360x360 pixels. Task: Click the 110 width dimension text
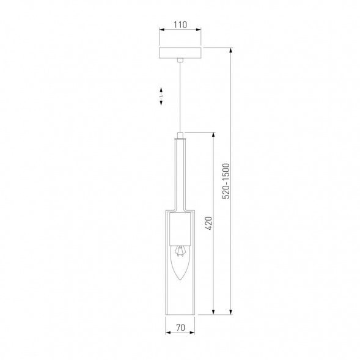click(x=179, y=26)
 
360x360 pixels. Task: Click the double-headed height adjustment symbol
click(x=161, y=98)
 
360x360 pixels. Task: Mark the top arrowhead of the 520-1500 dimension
click(x=230, y=48)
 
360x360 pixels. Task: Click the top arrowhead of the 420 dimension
click(x=213, y=133)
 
